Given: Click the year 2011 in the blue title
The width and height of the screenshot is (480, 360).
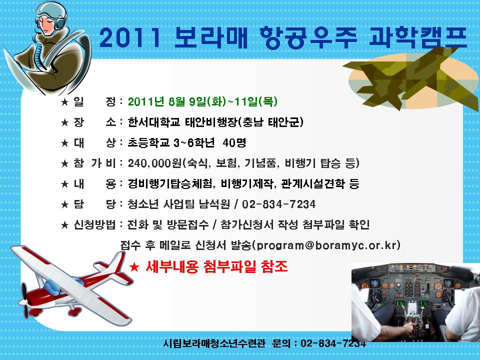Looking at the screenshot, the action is [130, 37].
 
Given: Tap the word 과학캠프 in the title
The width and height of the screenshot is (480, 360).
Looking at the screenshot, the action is [418, 37].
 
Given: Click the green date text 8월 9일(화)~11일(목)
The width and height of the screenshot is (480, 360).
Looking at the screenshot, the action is [223, 101].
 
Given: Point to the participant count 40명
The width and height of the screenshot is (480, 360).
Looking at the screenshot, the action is [234, 142].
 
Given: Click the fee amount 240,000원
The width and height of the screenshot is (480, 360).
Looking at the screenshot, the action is [155, 163].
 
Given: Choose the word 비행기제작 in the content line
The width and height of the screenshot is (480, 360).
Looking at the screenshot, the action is [246, 183].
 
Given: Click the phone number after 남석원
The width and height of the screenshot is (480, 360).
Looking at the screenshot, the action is [278, 204].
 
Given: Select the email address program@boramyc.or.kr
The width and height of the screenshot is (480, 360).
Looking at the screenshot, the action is [327, 245].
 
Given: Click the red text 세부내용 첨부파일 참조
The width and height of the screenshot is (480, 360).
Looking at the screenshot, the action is [216, 266].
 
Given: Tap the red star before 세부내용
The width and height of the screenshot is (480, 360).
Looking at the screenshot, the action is [134, 267].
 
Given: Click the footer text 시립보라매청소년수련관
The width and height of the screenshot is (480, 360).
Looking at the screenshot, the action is [214, 343].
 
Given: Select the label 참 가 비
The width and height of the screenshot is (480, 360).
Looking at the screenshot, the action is [94, 163].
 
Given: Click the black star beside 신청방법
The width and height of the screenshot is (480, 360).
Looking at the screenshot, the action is [64, 225].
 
